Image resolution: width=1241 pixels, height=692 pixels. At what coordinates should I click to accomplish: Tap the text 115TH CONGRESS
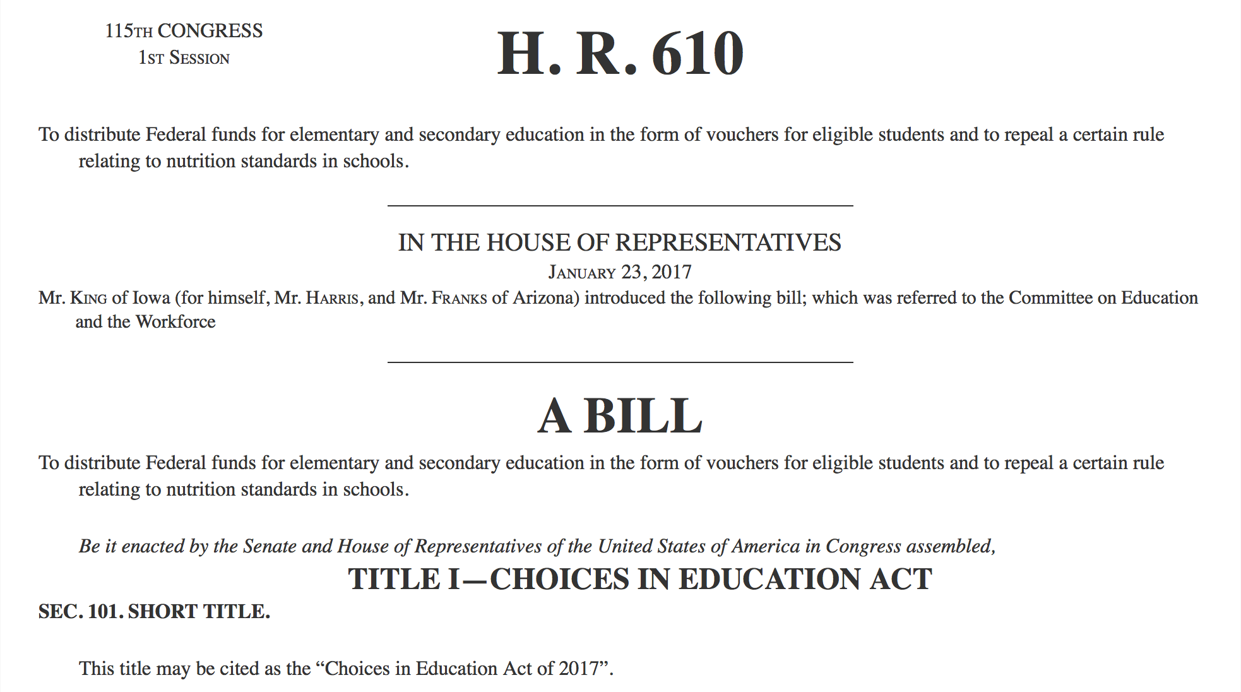(184, 31)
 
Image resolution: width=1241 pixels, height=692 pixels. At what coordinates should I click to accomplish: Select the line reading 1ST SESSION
(184, 58)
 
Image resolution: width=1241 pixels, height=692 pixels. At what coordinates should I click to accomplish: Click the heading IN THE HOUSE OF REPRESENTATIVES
(619, 242)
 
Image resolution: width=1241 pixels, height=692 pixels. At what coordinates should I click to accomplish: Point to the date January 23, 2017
(619, 272)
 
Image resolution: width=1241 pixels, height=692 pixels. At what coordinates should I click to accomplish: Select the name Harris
(332, 298)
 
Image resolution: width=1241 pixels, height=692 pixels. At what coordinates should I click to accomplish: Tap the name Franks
(459, 298)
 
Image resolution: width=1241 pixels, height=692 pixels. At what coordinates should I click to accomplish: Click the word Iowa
(151, 298)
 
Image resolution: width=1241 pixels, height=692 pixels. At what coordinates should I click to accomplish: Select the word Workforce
(175, 322)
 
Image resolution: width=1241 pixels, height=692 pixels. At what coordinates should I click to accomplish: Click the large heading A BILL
(619, 416)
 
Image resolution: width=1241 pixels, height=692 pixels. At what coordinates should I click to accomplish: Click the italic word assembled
(951, 546)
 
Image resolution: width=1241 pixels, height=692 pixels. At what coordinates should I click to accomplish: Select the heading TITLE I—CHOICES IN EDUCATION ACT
(639, 579)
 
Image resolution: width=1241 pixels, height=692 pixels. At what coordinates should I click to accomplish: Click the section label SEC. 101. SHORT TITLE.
(154, 612)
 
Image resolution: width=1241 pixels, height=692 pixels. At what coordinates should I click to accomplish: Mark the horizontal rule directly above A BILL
(619, 362)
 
